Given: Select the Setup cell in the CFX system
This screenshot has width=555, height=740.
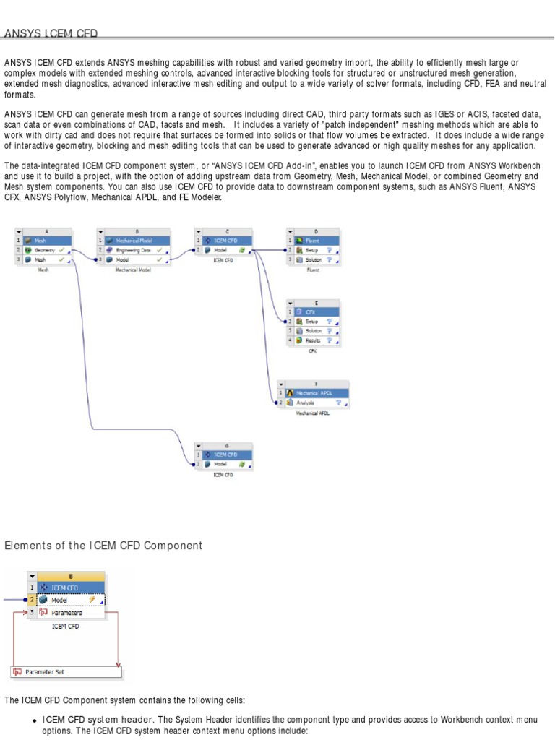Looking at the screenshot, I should [x=311, y=321].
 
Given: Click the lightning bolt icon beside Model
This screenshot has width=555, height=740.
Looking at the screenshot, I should [x=92, y=600].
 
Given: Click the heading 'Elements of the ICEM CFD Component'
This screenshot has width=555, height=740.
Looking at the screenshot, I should [x=103, y=546].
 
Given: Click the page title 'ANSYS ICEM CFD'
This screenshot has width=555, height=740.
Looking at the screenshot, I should [x=51, y=33].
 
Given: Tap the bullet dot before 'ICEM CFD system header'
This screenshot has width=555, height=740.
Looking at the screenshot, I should [x=35, y=721].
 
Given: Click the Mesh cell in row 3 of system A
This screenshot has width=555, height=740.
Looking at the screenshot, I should [x=40, y=259].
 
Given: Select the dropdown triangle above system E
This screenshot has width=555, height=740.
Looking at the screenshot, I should [x=291, y=304].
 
